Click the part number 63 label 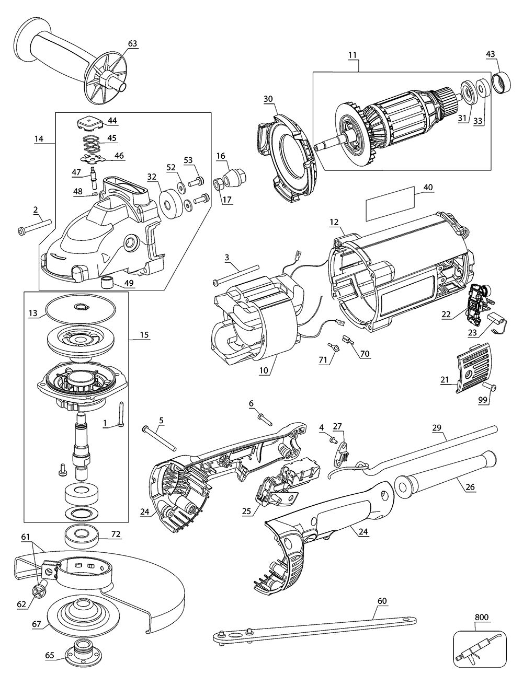133,43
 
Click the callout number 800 481,617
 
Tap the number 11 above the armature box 351,54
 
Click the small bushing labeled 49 107,283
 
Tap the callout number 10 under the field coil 263,370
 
